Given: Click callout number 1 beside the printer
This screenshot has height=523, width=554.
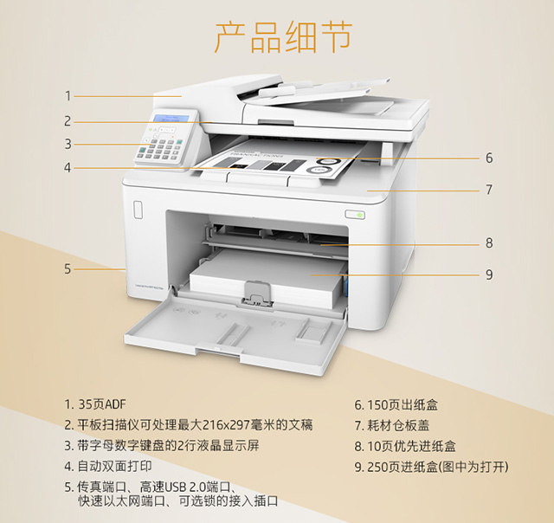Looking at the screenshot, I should (68, 96).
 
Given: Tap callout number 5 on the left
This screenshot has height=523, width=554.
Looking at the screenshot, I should (68, 268).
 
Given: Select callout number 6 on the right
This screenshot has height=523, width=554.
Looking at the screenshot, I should (489, 158).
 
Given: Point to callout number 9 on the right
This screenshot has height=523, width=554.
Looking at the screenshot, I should (489, 274).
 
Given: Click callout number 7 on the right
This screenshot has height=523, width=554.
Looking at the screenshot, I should (489, 189).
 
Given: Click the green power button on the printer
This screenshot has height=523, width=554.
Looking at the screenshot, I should (355, 213).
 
